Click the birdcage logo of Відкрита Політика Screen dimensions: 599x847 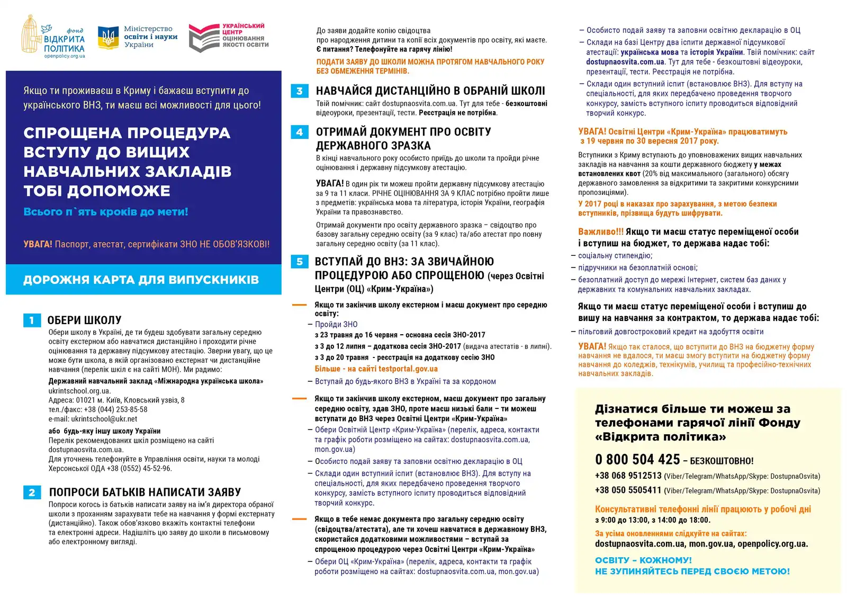click(x=31, y=34)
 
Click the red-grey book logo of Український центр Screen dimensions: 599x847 click(x=203, y=38)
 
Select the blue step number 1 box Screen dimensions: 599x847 click(x=32, y=320)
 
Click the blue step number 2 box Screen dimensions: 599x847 click(x=32, y=493)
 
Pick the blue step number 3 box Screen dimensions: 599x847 click(x=300, y=91)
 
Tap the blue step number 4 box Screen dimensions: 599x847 click(x=300, y=132)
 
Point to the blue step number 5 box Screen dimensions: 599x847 click(x=300, y=262)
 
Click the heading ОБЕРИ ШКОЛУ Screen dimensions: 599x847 click(x=84, y=320)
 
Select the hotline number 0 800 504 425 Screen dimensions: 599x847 click(x=637, y=459)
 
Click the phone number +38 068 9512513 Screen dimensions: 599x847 click(x=628, y=476)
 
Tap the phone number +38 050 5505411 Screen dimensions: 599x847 click(x=628, y=490)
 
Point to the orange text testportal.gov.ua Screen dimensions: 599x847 click(x=408, y=369)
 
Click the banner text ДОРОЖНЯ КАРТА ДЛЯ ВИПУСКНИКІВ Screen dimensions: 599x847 click(x=141, y=280)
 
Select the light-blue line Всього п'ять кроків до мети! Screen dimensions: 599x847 click(x=106, y=212)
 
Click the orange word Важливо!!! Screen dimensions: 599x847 click(x=601, y=231)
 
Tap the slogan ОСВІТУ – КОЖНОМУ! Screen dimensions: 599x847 click(x=643, y=560)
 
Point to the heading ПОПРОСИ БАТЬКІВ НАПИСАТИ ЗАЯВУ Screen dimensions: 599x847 click(x=145, y=493)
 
